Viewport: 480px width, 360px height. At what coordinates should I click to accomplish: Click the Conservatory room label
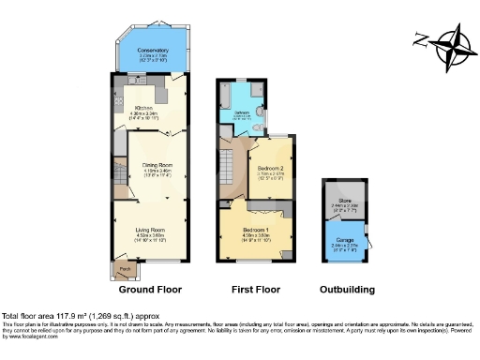coord(153,50)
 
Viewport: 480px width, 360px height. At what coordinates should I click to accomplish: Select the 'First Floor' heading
coord(255,290)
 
